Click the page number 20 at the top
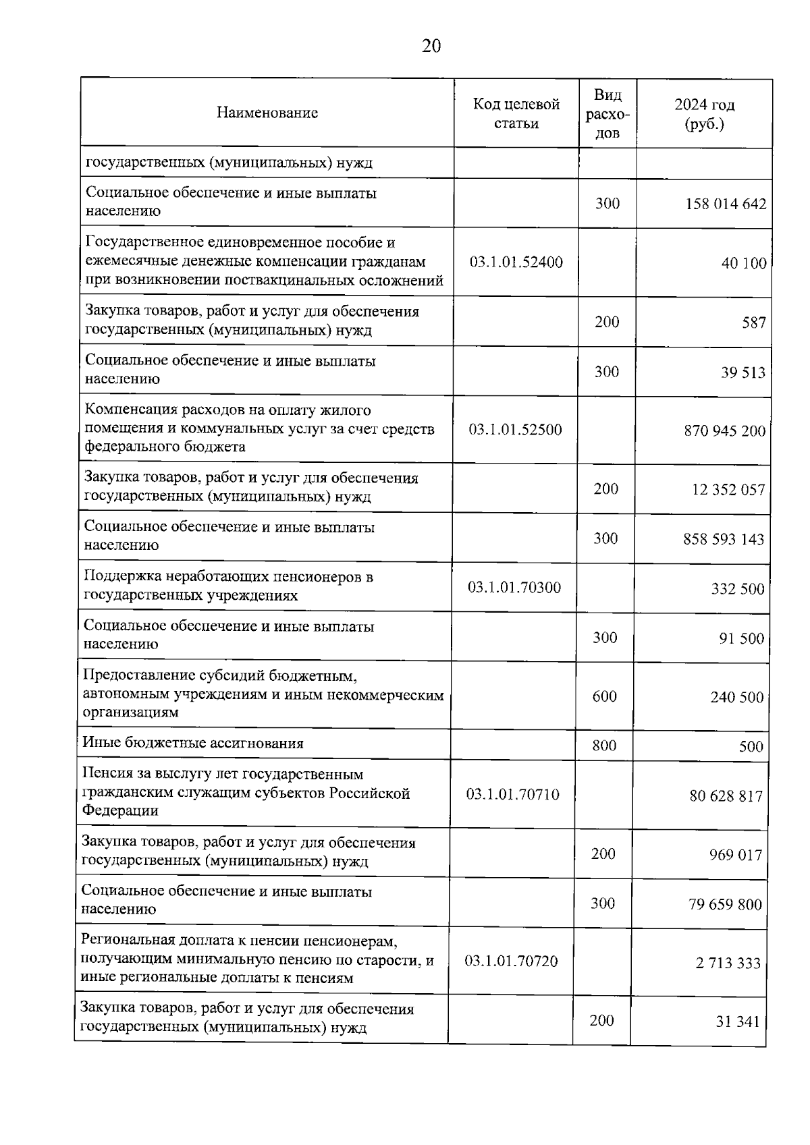[431, 46]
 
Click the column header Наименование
[267, 113]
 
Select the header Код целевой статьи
[516, 113]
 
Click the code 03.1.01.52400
[516, 262]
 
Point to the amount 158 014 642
[726, 204]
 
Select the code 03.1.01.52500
[516, 430]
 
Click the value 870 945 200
[724, 430]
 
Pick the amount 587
[754, 323]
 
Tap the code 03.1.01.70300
[514, 588]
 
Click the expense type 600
[605, 696]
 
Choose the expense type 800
[605, 746]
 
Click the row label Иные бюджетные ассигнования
[193, 744]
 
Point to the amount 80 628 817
[726, 796]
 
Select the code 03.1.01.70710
[513, 795]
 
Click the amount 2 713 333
[728, 964]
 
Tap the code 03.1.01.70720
[512, 961]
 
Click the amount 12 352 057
[728, 489]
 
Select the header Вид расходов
[607, 113]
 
